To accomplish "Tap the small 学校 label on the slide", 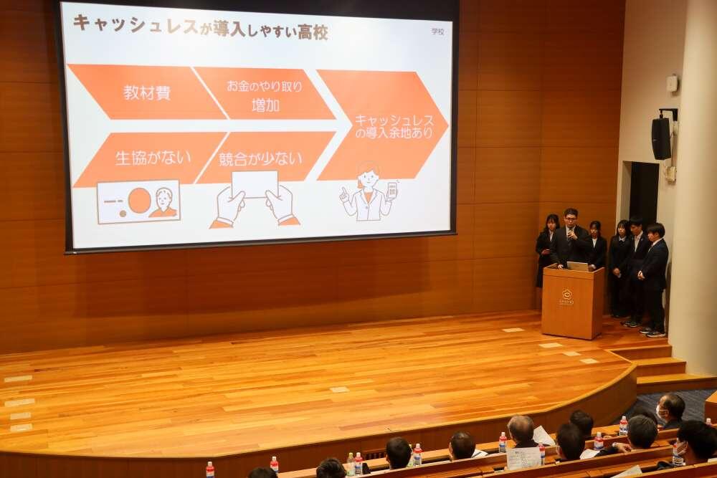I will tap(437, 32).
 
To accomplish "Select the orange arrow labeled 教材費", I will tap(147, 92).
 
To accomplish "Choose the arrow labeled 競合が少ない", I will tap(262, 158).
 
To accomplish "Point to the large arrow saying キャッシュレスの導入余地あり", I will tap(384, 125).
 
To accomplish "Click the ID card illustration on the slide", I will tap(138, 201).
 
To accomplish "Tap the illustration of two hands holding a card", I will tap(255, 201).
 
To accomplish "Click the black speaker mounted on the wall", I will tap(661, 138).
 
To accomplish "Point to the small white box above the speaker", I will tap(672, 83).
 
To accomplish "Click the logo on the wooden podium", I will tap(566, 296).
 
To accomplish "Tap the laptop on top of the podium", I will tap(577, 266).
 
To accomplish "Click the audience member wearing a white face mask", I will tap(671, 410).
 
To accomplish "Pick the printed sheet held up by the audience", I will tap(523, 457).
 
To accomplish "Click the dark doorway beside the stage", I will tap(643, 193).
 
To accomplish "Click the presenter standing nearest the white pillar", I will tap(655, 276).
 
